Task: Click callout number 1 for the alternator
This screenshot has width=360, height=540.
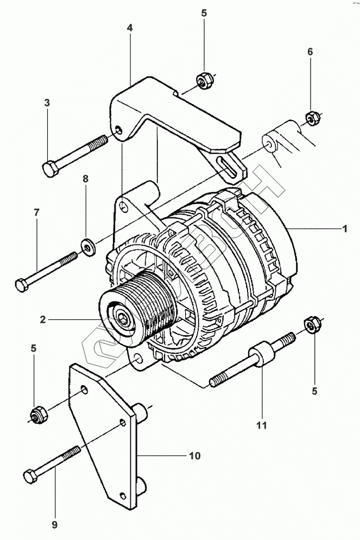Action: (x=344, y=229)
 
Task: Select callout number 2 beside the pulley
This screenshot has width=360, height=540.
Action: (x=42, y=319)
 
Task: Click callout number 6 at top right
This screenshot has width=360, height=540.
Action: (x=310, y=52)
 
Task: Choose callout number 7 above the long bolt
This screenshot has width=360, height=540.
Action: (x=36, y=212)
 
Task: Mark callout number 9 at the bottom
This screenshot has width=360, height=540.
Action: (x=54, y=524)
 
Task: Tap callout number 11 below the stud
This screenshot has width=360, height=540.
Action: (x=262, y=425)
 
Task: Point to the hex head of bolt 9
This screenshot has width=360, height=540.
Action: (x=30, y=477)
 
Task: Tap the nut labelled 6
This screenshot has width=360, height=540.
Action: (x=311, y=117)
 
